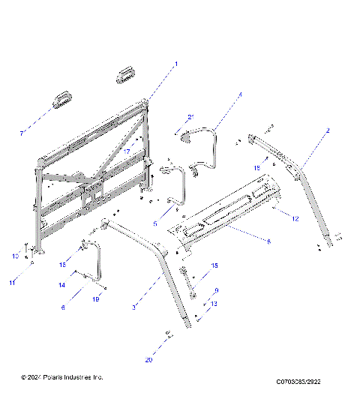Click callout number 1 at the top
pyautogui.click(x=176, y=64)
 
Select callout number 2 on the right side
pyautogui.click(x=327, y=130)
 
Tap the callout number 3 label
pyautogui.click(x=154, y=307)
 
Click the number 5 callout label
pyautogui.click(x=154, y=223)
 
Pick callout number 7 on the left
pyautogui.click(x=22, y=133)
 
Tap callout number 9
pyautogui.click(x=216, y=291)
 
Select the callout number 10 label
pyautogui.click(x=14, y=256)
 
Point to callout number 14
pyautogui.click(x=62, y=286)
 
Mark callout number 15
pyautogui.click(x=214, y=265)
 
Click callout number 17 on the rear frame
pyautogui.click(x=127, y=152)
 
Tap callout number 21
pyautogui.click(x=190, y=116)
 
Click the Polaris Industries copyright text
pyautogui.click(x=62, y=376)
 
